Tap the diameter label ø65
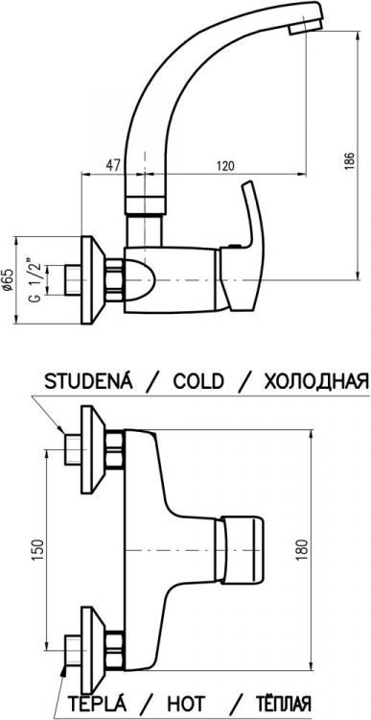8,280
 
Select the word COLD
198,381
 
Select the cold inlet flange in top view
93,446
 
